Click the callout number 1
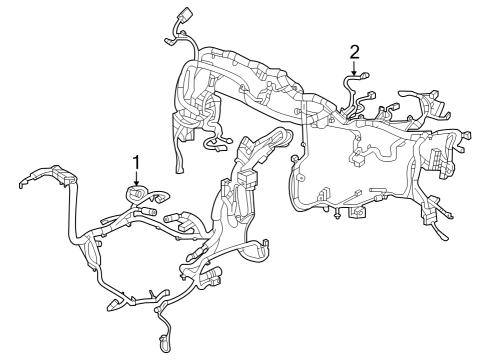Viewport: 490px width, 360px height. click(136, 160)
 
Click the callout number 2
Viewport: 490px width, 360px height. click(354, 51)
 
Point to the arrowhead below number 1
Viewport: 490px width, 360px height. click(136, 181)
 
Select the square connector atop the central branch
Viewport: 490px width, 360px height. click(246, 180)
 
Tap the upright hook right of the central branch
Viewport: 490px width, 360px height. click(291, 159)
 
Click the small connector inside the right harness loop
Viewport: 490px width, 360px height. click(358, 157)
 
